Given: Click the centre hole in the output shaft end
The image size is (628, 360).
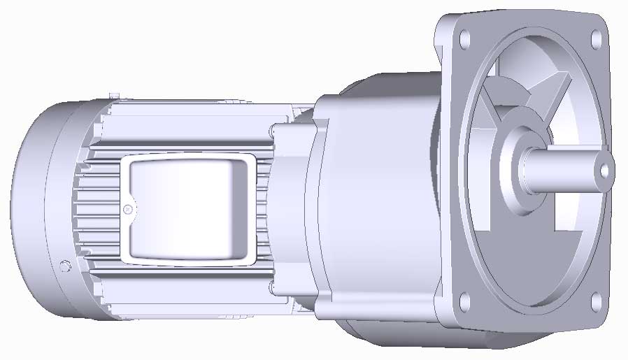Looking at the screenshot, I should (x=604, y=169).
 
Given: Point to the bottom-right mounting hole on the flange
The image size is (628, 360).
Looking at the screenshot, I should (x=596, y=301).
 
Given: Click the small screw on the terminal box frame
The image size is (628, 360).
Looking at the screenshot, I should (x=127, y=209).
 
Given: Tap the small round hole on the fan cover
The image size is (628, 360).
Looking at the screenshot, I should (x=65, y=266).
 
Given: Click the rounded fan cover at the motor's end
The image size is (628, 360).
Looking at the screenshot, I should (x=35, y=210).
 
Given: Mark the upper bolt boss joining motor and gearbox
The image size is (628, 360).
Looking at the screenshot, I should (x=273, y=129).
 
